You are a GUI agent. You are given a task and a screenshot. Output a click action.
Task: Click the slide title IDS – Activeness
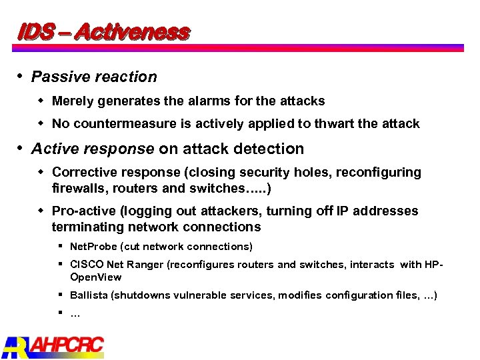point(103,31)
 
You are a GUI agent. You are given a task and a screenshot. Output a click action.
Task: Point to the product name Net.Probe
point(93,247)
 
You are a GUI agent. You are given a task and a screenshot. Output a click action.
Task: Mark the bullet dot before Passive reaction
point(22,76)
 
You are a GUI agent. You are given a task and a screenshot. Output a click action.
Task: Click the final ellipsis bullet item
point(75,313)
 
